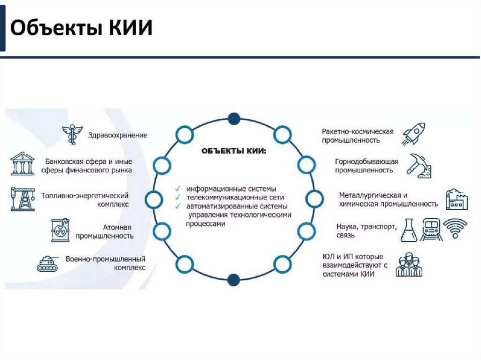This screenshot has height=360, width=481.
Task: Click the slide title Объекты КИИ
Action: (x=82, y=28)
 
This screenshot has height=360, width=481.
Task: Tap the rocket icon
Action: (x=413, y=133)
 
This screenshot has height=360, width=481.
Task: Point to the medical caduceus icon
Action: (x=72, y=134)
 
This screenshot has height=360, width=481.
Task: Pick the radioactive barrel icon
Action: (x=60, y=230)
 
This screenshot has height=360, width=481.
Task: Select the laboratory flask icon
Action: (x=408, y=230)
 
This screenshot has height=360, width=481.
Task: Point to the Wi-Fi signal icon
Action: (x=456, y=228)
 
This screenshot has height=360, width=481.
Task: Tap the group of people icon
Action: (x=409, y=265)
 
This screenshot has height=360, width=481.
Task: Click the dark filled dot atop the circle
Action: (x=233, y=118)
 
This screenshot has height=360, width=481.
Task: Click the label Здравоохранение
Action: (x=117, y=135)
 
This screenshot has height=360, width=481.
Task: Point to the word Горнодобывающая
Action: (x=366, y=161)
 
